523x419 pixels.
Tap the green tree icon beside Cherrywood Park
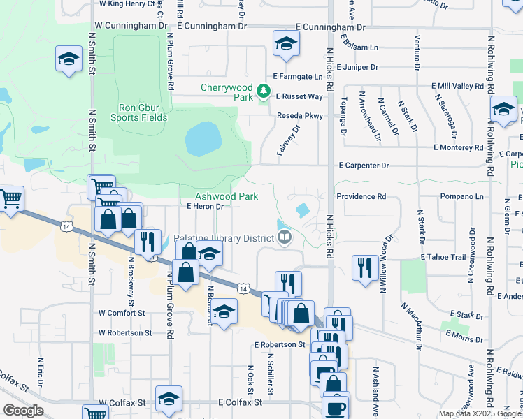(x=264, y=91)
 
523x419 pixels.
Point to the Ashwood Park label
(x=227, y=197)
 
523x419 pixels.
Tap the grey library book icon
(x=285, y=238)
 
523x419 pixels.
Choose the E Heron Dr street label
(x=205, y=207)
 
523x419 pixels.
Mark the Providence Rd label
(x=361, y=197)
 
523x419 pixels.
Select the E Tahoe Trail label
(x=443, y=258)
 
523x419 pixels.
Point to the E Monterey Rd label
(x=458, y=148)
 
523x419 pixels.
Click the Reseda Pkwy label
(x=299, y=116)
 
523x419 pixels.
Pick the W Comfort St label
(x=122, y=314)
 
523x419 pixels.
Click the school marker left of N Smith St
(x=69, y=59)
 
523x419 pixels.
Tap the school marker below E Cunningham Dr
(x=285, y=44)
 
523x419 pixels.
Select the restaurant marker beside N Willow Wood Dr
(x=365, y=267)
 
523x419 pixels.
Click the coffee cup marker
(x=336, y=408)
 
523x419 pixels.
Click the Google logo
(x=24, y=411)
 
